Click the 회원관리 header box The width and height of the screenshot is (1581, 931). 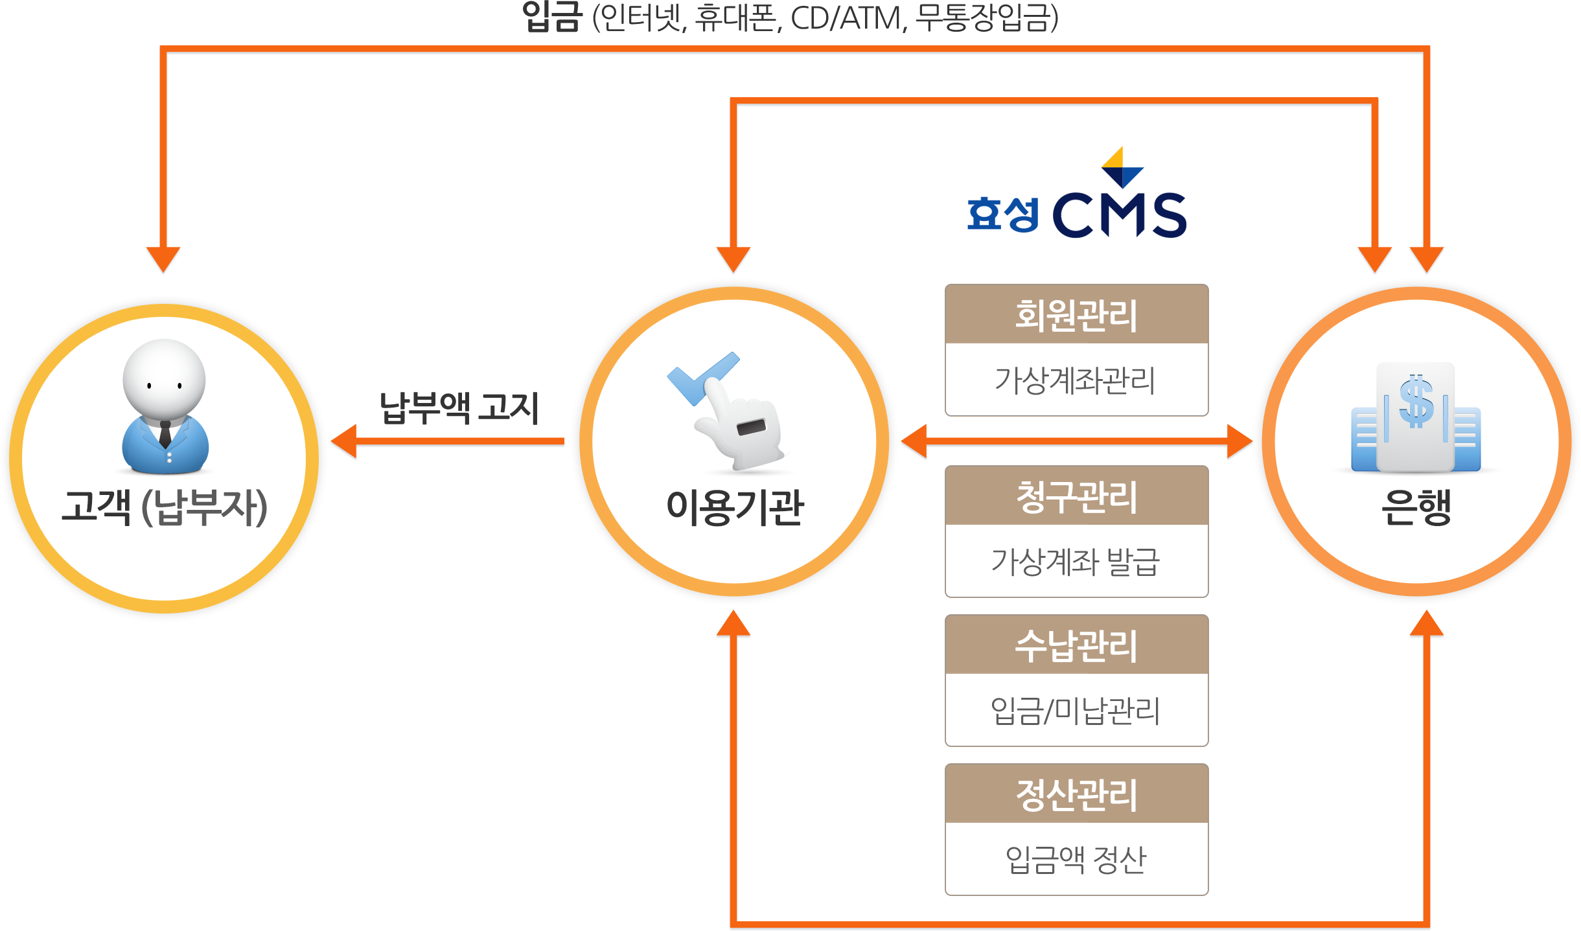coord(1076,315)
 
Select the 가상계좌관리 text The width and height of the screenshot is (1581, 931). coord(1076,380)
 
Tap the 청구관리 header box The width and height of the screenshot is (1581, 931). coord(1076,496)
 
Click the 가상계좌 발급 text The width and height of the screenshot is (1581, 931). coord(1076,562)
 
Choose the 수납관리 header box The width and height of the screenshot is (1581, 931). coord(1076,645)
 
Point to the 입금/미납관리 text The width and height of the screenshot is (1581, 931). coord(1076,711)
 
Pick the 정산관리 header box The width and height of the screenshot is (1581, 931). coord(1076,794)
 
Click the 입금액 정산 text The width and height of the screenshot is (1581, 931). coord(1076,860)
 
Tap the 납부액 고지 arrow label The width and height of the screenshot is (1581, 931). coord(459,408)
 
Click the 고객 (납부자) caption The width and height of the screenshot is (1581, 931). coord(165,507)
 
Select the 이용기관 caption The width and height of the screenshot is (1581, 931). coord(735,507)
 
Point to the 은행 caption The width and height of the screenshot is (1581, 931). coord(1416,507)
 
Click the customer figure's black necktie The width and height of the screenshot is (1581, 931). coord(165,433)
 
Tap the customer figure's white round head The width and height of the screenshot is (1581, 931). coord(165,379)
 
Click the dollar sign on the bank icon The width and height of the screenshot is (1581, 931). coord(1416,402)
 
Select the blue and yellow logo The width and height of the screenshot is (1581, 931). coord(1076,191)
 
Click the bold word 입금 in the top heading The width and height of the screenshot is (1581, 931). coord(553,17)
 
